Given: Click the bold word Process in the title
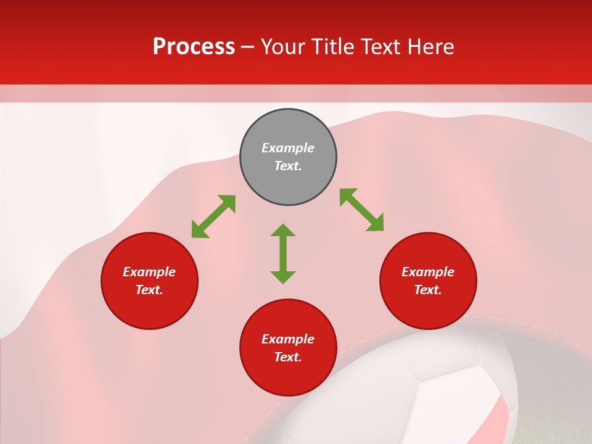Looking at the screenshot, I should [x=194, y=47].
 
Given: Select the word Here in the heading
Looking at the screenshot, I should [x=430, y=47].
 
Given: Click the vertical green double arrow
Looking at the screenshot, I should [x=283, y=253].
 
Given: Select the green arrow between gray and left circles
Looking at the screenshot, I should [x=213, y=216].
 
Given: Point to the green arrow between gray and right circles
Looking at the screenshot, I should [x=361, y=210].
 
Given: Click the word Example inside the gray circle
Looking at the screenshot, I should [x=288, y=148].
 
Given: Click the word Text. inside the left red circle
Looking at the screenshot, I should [x=149, y=290].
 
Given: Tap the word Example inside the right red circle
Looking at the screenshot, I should [x=428, y=272].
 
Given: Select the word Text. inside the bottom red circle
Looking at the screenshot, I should [x=288, y=357].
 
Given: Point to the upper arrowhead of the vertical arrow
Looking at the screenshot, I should [x=283, y=231].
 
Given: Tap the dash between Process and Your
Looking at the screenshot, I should [x=247, y=47].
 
